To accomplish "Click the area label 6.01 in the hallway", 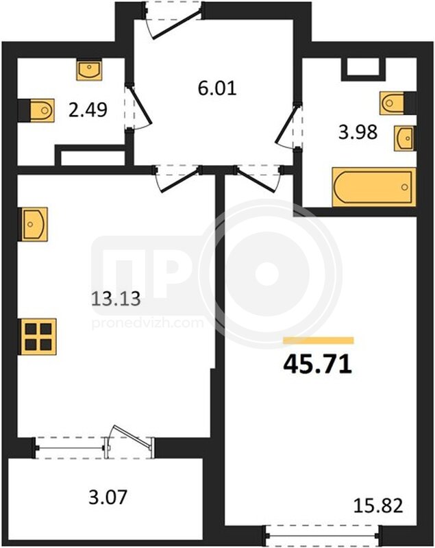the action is [217, 88].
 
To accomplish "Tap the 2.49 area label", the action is [88, 110].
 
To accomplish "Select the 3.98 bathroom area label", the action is [358, 132].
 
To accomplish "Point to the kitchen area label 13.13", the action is [116, 299].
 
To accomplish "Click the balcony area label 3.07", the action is [108, 497].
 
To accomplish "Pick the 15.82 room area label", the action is [378, 506].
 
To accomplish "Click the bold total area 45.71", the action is [317, 364].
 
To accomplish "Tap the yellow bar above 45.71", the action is [319, 340].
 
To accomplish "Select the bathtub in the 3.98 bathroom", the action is [374, 187].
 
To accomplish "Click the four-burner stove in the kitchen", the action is [38, 336].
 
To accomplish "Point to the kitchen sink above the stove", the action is [34, 224].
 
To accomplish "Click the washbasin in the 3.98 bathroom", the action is [405, 138].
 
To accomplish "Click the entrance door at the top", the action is [173, 21].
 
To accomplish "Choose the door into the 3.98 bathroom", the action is [289, 125].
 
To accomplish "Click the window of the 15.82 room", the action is [321, 535].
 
